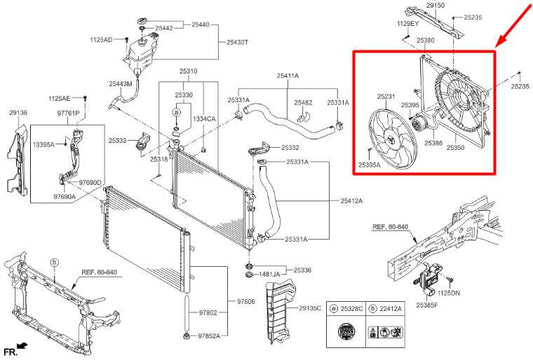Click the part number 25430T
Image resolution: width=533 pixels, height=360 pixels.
237,42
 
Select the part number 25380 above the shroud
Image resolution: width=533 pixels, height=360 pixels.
425,40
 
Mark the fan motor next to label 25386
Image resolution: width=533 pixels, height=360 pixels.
421,123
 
